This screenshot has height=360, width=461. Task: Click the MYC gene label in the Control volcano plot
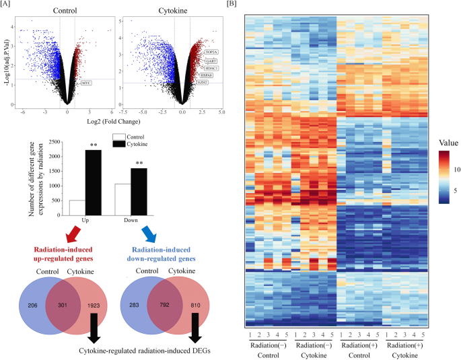[85, 83]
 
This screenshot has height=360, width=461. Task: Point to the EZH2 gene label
[204, 83]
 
